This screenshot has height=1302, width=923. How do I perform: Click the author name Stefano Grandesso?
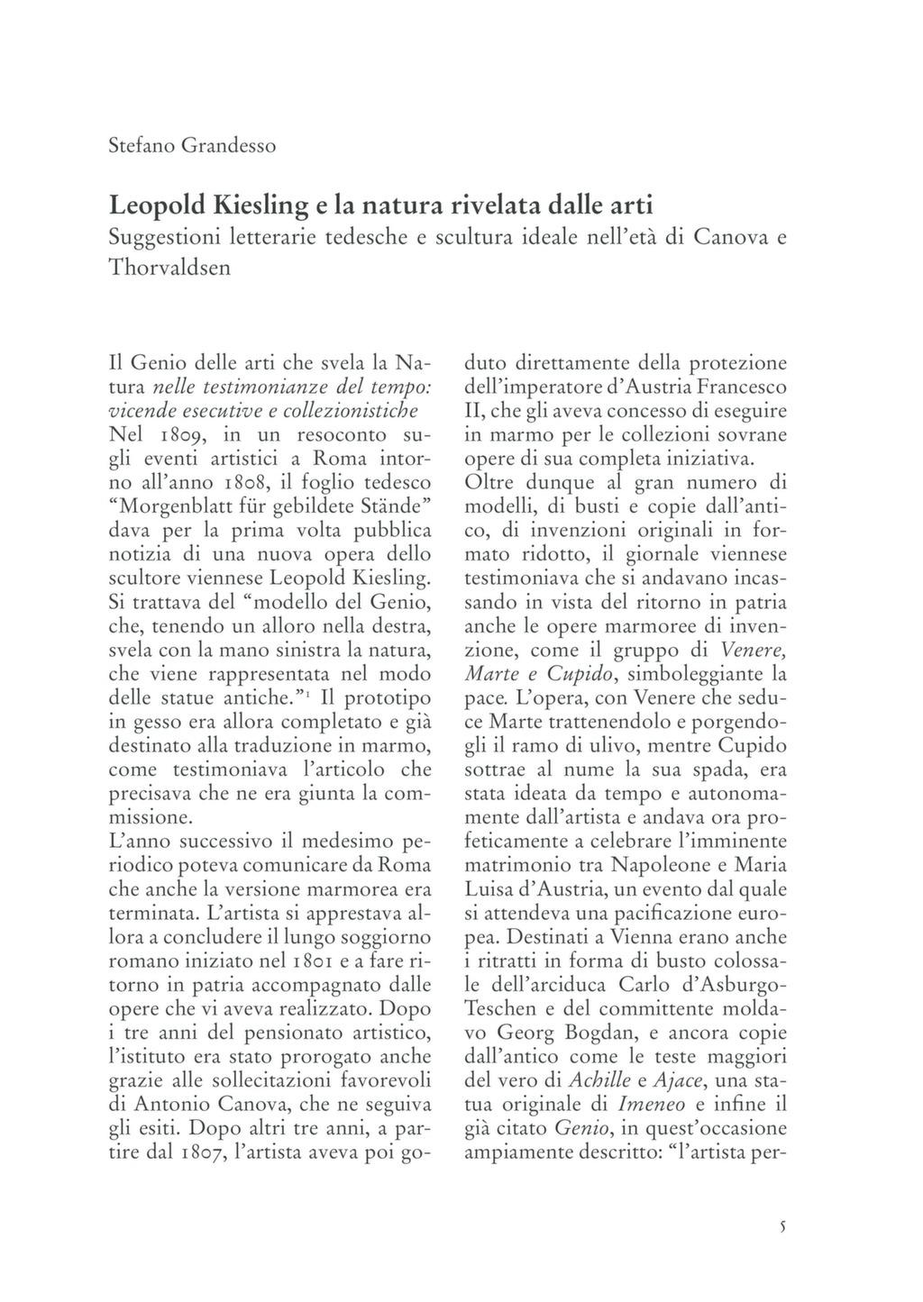pos(192,145)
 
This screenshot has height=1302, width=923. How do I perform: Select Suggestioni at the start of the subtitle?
pos(160,238)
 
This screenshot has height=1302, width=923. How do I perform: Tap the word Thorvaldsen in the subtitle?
pos(169,268)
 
